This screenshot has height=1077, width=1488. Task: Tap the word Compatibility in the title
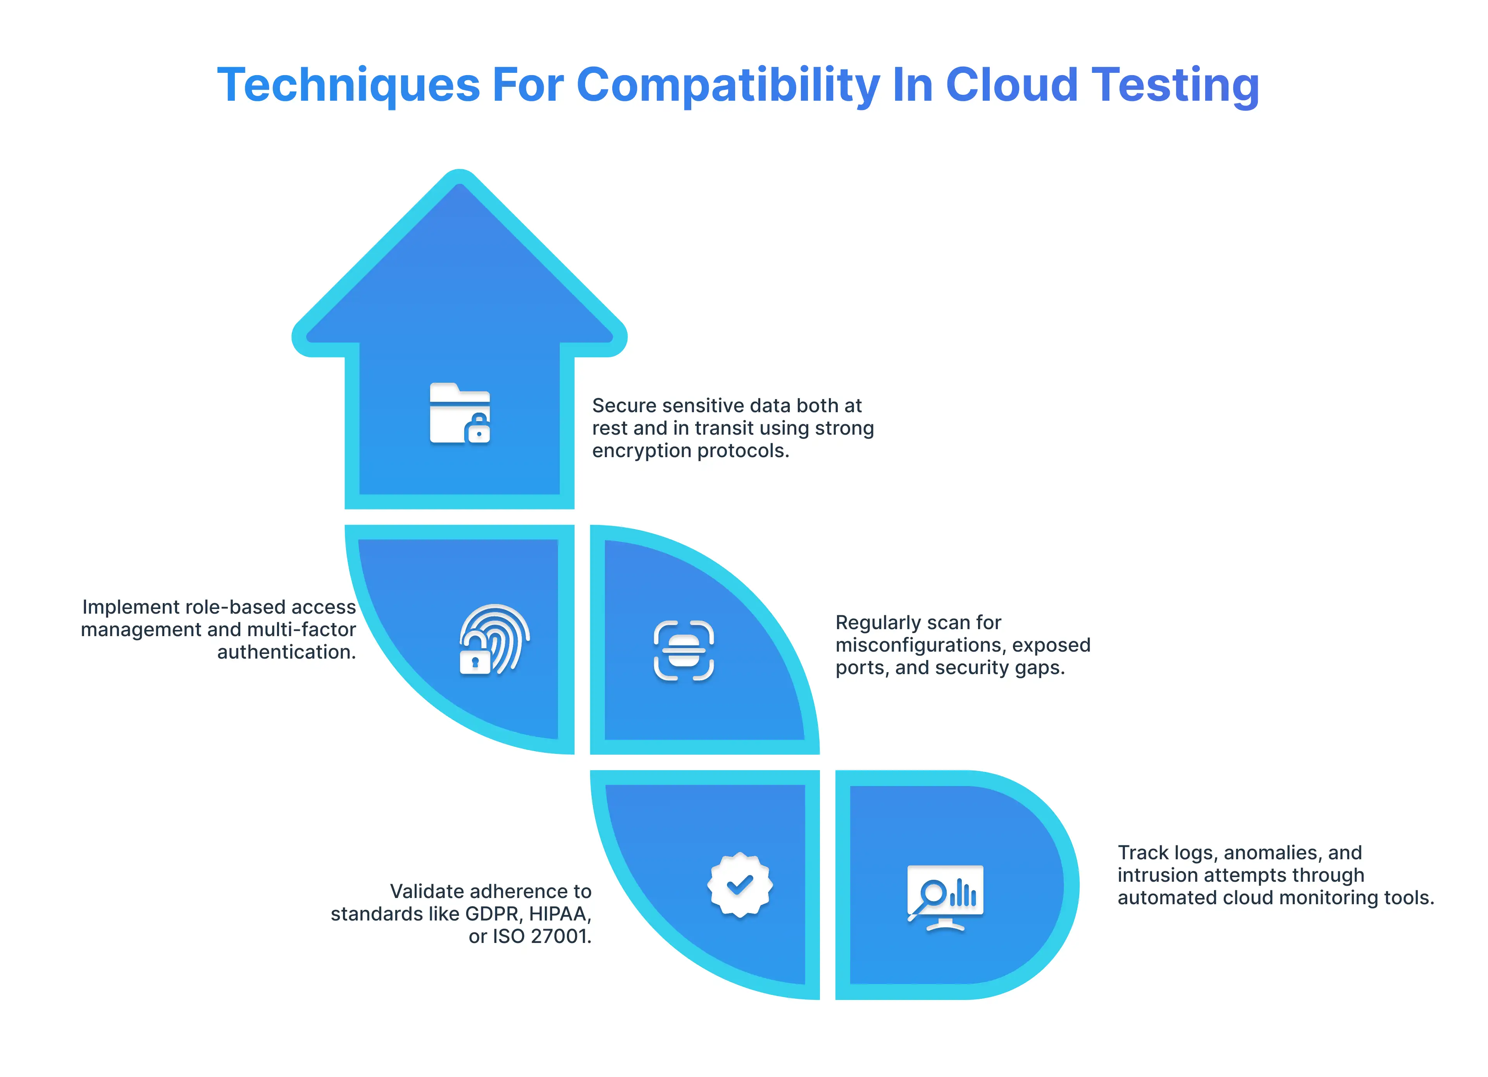click(728, 85)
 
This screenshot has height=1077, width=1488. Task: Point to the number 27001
click(561, 936)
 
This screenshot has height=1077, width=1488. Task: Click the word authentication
click(287, 652)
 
